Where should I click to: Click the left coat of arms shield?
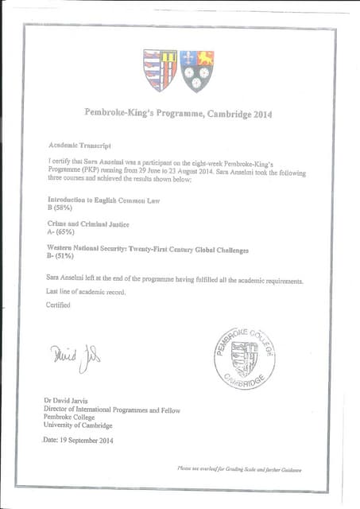coord(161,70)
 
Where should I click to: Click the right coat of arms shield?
coord(197,70)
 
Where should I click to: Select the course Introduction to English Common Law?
coord(104,200)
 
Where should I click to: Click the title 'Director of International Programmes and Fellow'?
coord(113,410)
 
